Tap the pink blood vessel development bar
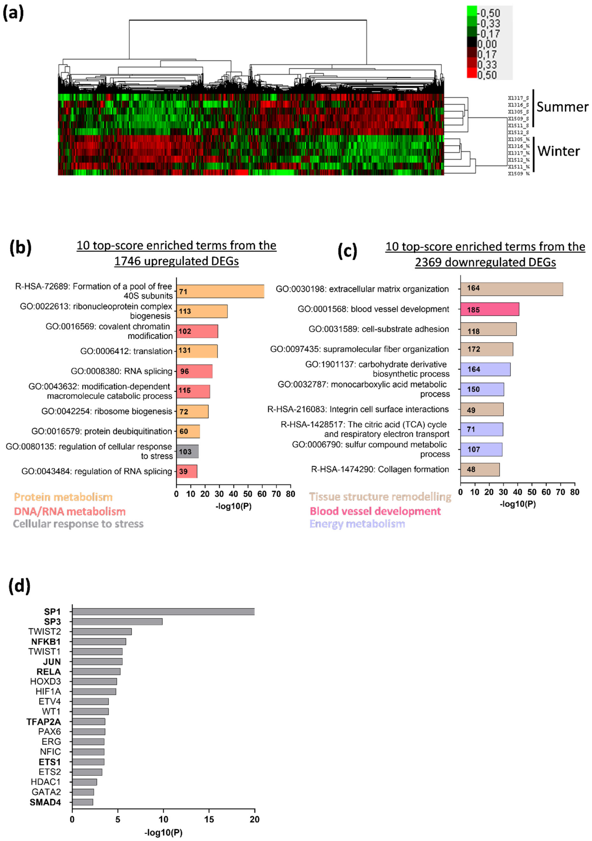[x=489, y=309]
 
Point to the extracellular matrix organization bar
[x=511, y=289]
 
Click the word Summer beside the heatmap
[x=562, y=107]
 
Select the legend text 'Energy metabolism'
[x=357, y=524]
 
